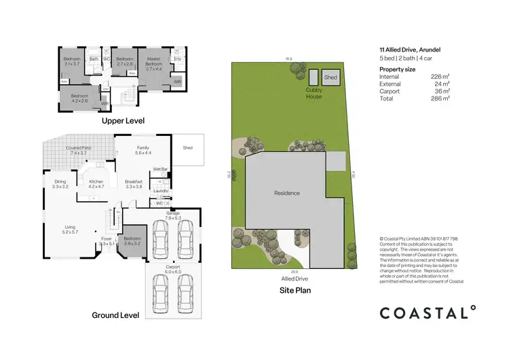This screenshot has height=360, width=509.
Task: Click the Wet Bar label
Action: click(x=160, y=168)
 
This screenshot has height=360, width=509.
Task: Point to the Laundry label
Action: click(x=161, y=191)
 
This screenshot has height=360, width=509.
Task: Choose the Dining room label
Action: click(x=60, y=182)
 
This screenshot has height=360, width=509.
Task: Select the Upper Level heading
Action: click(x=123, y=121)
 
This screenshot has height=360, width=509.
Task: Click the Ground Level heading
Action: click(x=115, y=315)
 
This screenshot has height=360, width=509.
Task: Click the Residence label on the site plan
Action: click(x=286, y=193)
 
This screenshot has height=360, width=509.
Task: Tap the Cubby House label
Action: click(x=314, y=93)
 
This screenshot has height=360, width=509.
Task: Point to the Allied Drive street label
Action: click(x=295, y=278)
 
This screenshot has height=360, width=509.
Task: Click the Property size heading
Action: click(x=398, y=69)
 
